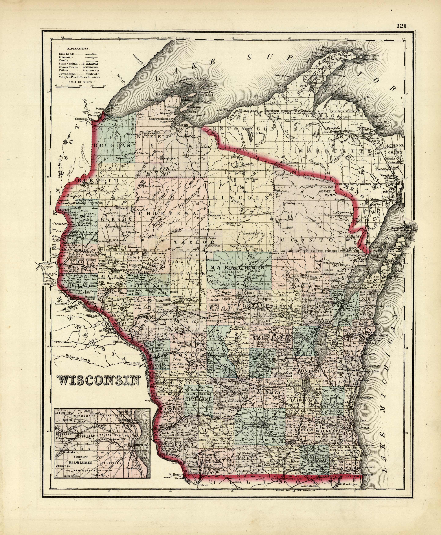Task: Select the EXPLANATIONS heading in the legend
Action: pyautogui.click(x=78, y=48)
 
